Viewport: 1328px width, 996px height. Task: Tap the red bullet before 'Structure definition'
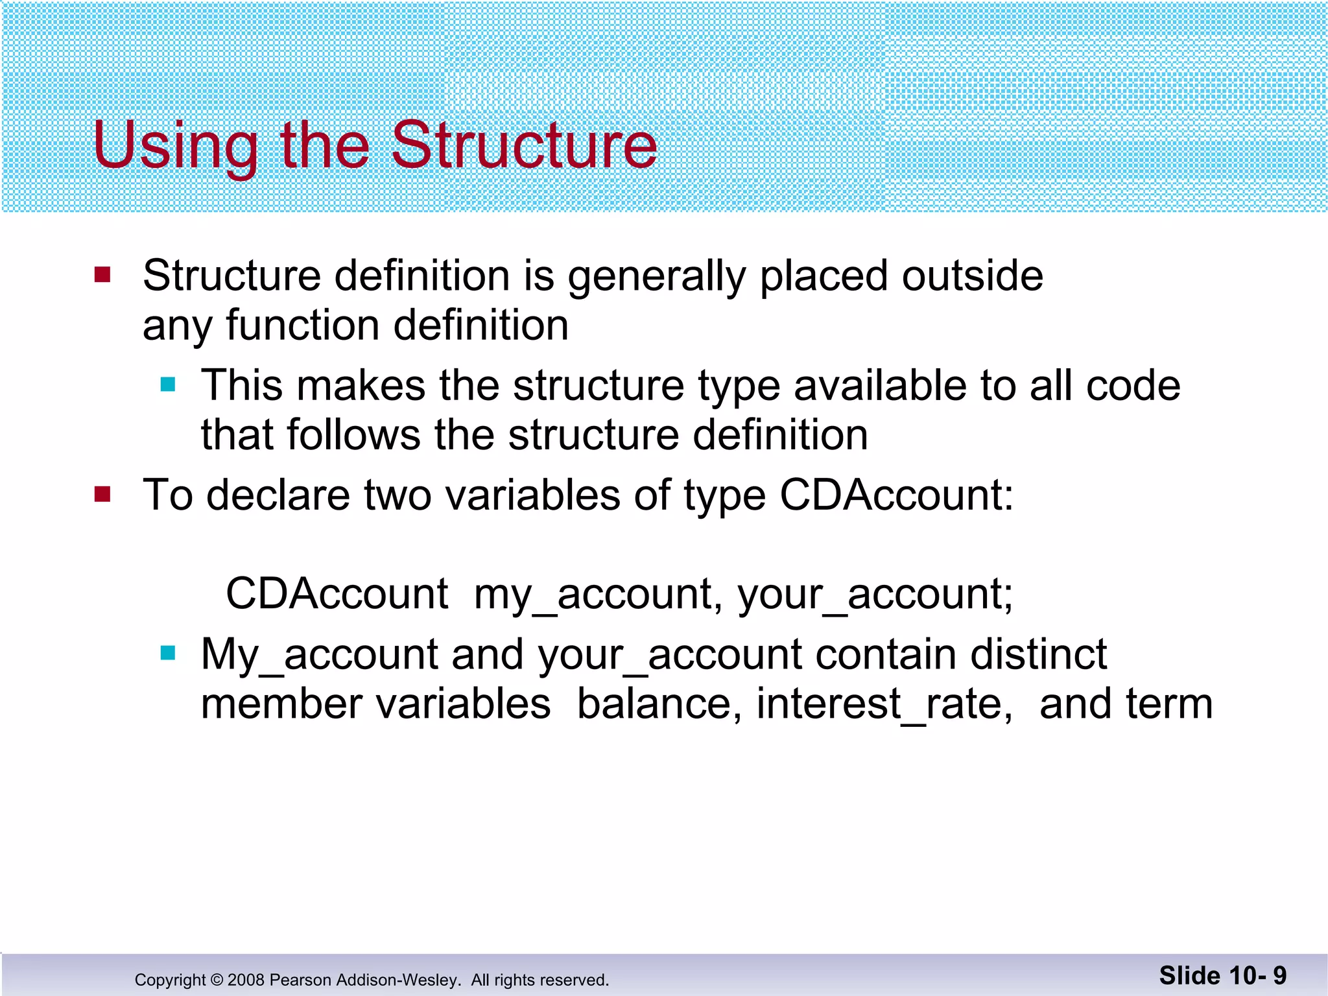[x=102, y=275]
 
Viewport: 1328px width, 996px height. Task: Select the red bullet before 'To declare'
[x=102, y=495]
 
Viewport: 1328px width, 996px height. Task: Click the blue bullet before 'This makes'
[x=168, y=385]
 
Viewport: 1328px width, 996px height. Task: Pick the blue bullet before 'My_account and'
[x=168, y=653]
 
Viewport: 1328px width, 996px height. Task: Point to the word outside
[x=972, y=276]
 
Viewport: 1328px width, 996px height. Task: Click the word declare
[x=279, y=495]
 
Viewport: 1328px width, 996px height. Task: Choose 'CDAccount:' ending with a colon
[x=896, y=495]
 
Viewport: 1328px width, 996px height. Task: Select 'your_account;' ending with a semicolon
[x=875, y=594]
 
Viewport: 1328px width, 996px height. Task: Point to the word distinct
[x=1039, y=654]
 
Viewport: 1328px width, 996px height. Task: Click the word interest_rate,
[x=884, y=704]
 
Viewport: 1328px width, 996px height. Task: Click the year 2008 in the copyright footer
[x=246, y=980]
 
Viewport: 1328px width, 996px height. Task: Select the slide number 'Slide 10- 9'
[x=1222, y=975]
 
